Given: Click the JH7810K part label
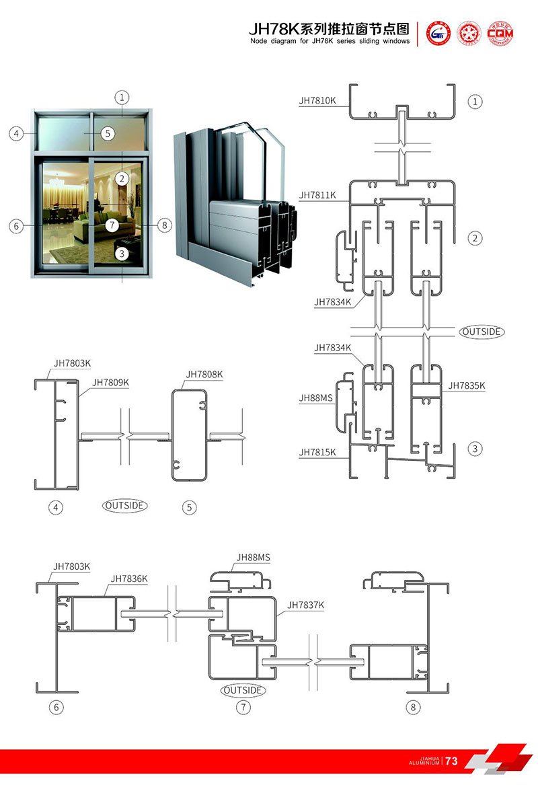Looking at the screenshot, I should click(317, 101).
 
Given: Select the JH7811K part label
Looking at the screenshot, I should click(317, 195).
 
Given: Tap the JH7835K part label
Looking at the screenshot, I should click(467, 385).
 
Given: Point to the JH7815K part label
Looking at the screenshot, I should click(317, 453).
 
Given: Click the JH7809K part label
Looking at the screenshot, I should click(111, 383).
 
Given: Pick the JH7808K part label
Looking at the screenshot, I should click(204, 374).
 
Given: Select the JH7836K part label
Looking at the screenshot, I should click(129, 578).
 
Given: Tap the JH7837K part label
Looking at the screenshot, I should click(306, 605).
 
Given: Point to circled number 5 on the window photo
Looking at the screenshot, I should click(108, 133).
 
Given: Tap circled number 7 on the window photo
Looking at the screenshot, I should click(112, 225).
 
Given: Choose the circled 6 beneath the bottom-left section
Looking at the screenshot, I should click(56, 707).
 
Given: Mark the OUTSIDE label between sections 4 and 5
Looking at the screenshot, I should click(125, 504).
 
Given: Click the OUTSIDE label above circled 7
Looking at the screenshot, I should click(243, 690).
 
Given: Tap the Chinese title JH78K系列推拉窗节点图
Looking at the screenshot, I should click(329, 29).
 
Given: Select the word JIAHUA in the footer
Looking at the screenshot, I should click(428, 758).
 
